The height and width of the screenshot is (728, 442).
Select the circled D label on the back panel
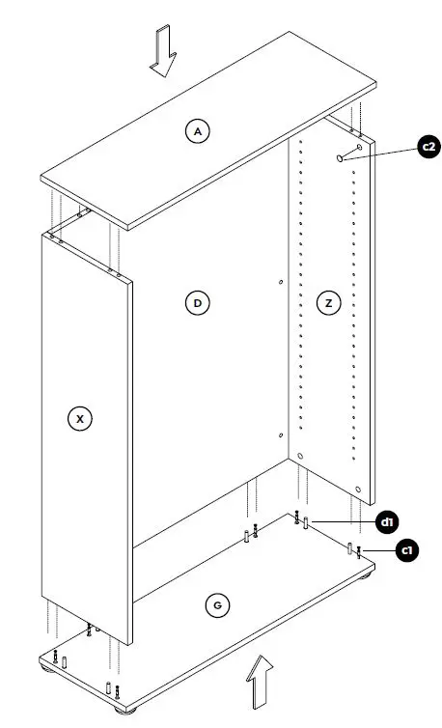point(197,303)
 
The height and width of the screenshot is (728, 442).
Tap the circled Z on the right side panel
point(329,303)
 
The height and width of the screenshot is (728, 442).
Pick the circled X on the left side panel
point(81,418)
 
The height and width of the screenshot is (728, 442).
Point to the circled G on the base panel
point(219,605)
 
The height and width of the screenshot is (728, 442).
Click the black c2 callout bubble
point(429,147)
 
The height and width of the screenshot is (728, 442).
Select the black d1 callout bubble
point(387,522)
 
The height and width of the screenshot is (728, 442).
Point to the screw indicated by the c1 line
point(359,551)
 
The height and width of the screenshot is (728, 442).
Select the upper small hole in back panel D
point(280,283)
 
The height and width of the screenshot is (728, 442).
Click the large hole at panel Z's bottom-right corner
point(358,490)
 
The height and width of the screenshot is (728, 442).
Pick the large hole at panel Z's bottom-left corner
point(300,455)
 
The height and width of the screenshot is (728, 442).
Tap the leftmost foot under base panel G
point(45,668)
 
